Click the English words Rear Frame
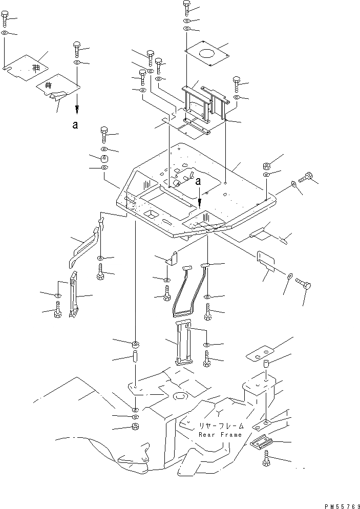pyautogui.click(x=220, y=435)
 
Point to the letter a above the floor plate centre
pyautogui.click(x=198, y=181)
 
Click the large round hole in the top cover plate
pyautogui.click(x=207, y=54)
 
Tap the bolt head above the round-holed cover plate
pyautogui.click(x=187, y=7)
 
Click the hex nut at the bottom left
pyautogui.click(x=135, y=427)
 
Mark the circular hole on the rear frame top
pyautogui.click(x=180, y=396)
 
